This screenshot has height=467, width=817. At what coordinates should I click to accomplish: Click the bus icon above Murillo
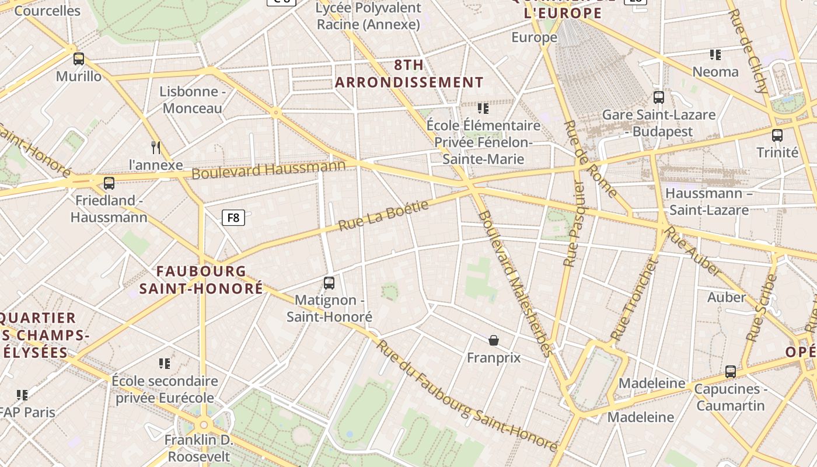click(79, 59)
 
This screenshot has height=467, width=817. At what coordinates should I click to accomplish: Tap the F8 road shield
click(233, 218)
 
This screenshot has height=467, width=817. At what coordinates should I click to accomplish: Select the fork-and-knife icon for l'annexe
click(155, 147)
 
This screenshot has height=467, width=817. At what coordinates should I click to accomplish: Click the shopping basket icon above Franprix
click(494, 340)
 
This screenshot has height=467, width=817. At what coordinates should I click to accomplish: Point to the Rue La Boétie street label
click(383, 215)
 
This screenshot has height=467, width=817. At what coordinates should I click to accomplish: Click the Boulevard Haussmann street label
click(268, 170)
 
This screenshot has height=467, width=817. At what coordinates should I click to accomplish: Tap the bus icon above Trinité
click(777, 135)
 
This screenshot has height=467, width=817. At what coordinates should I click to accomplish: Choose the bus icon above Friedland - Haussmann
click(109, 183)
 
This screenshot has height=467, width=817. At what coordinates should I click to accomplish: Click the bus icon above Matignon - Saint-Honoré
click(329, 283)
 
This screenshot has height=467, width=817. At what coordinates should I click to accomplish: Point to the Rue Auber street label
click(693, 251)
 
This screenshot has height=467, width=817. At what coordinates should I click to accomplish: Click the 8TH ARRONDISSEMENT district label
click(409, 74)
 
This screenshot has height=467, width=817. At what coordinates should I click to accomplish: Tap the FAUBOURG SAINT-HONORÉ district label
click(201, 280)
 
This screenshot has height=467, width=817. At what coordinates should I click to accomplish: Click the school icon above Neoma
click(715, 55)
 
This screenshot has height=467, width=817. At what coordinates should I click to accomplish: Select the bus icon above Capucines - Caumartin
click(730, 372)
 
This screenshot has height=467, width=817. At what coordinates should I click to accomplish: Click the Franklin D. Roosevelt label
click(198, 448)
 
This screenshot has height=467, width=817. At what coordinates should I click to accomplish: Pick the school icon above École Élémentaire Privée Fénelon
click(483, 109)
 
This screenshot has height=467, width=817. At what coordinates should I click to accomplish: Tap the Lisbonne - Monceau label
click(193, 100)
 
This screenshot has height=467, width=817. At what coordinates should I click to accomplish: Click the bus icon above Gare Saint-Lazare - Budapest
click(659, 97)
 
